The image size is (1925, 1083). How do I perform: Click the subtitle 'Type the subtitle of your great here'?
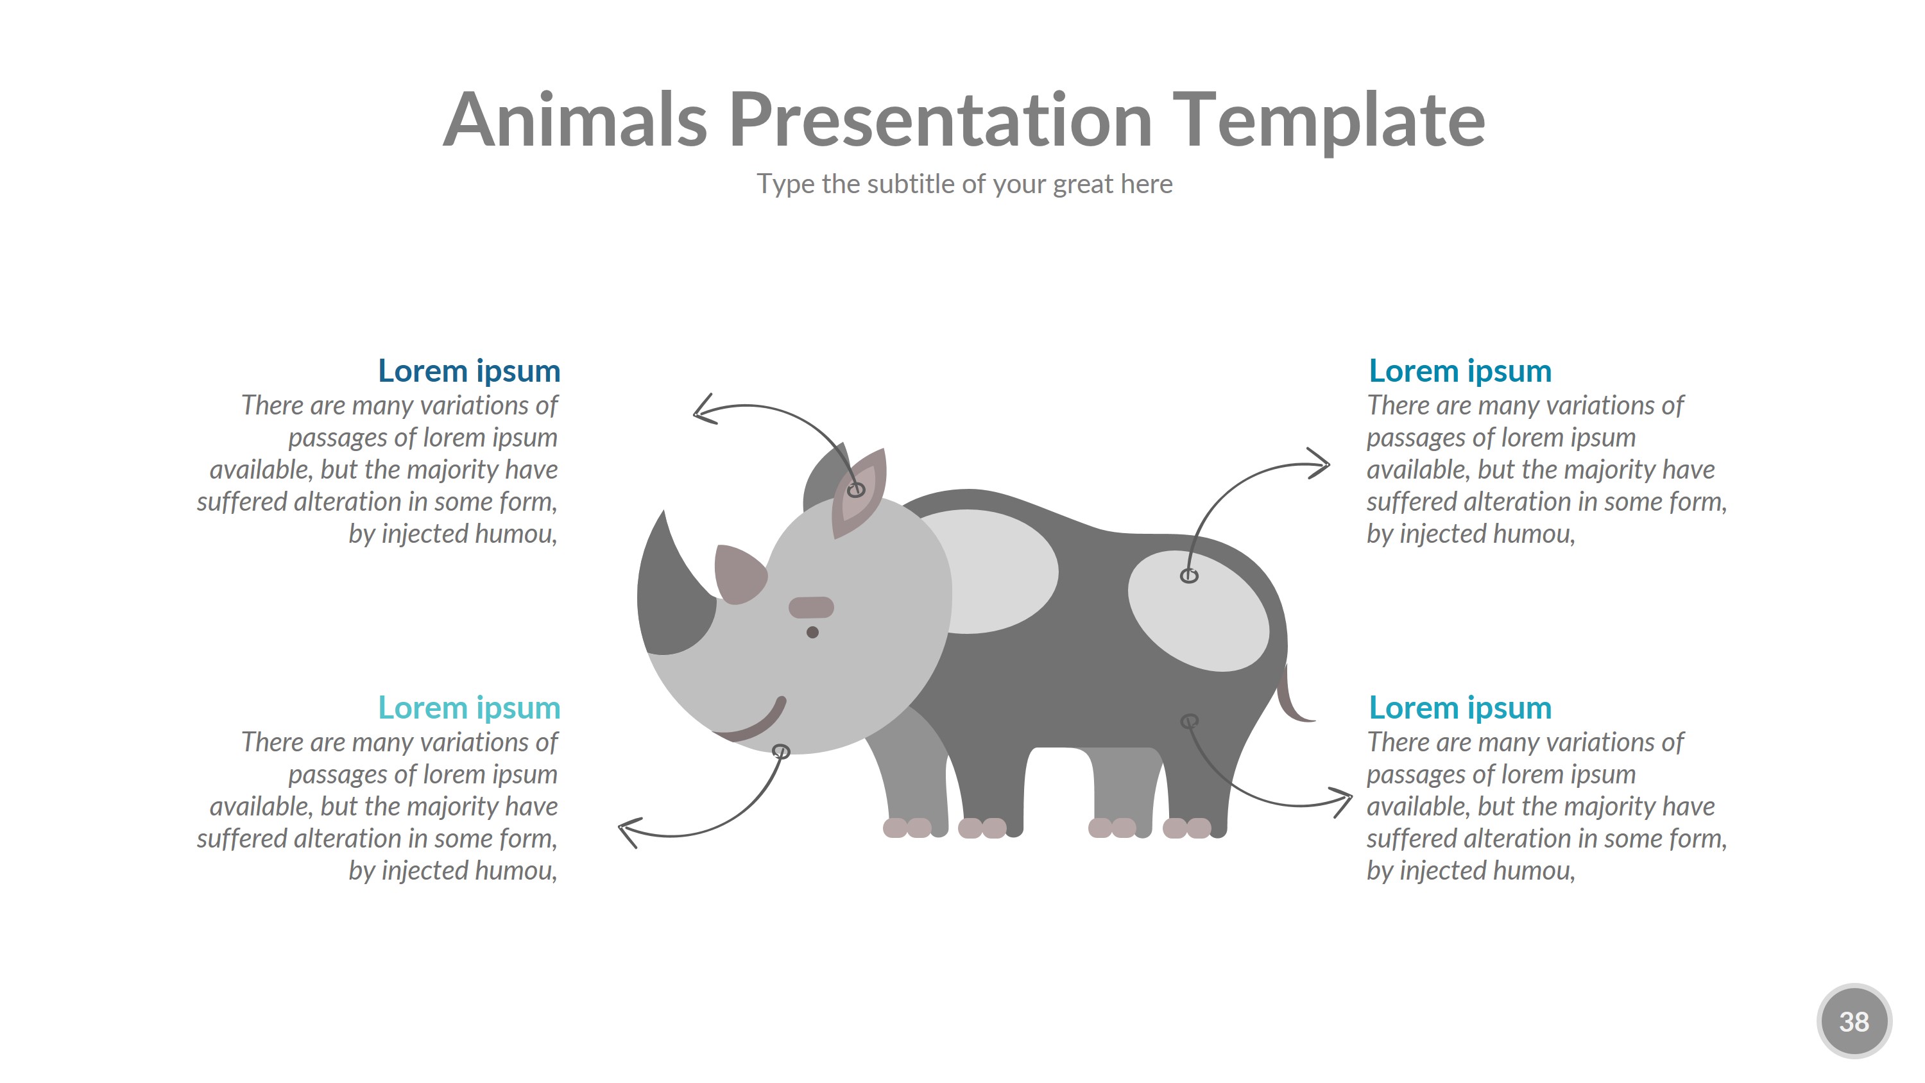pyautogui.click(x=964, y=184)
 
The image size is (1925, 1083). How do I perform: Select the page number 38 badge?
pyautogui.click(x=1853, y=1021)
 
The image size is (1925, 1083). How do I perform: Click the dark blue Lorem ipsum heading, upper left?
pyautogui.click(x=468, y=371)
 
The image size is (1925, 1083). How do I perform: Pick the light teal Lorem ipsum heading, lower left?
pyautogui.click(x=468, y=708)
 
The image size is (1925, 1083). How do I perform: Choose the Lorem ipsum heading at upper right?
pyautogui.click(x=1459, y=371)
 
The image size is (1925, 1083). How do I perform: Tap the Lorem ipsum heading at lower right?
pyautogui.click(x=1459, y=708)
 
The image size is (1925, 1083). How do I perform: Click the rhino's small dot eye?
pyautogui.click(x=812, y=633)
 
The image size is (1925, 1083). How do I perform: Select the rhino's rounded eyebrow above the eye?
pyautogui.click(x=811, y=607)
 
